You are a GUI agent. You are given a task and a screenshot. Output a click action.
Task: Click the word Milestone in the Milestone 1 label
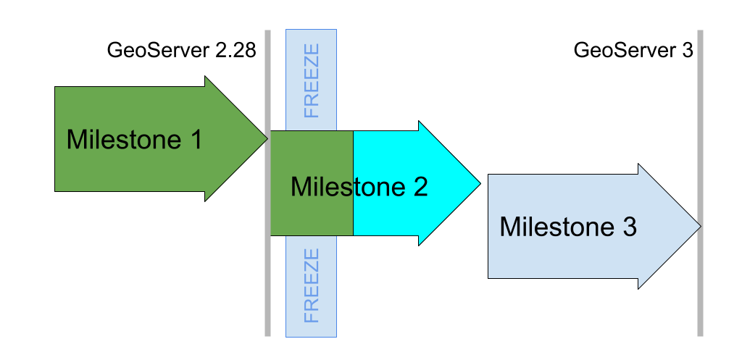tap(121, 139)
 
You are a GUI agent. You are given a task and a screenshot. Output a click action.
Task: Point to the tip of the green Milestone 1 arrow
tap(266, 138)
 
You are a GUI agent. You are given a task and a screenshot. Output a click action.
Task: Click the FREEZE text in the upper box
tap(312, 81)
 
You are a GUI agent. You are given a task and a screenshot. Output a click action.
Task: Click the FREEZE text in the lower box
tap(312, 285)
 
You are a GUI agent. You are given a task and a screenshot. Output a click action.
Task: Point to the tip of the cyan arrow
tap(479, 183)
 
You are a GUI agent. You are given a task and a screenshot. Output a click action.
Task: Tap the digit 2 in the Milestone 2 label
tap(420, 187)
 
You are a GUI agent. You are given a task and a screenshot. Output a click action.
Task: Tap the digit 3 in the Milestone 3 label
tap(628, 227)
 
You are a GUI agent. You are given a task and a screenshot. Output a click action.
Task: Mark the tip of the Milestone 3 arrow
tap(699, 227)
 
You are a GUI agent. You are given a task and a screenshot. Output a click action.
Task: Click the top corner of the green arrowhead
tap(207, 78)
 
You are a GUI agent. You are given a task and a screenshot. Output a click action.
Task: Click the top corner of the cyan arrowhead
tap(420, 123)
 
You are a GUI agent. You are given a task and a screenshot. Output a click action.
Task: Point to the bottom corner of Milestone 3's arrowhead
tap(639, 287)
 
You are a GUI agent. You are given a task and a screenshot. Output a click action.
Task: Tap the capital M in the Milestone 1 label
tap(75, 139)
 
